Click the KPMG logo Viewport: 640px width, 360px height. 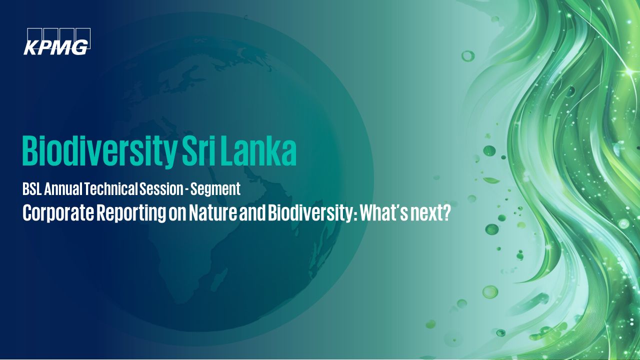[57, 41]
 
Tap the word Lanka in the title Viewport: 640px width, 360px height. [258, 151]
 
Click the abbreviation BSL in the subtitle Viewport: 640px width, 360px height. [32, 189]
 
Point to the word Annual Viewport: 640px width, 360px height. [63, 189]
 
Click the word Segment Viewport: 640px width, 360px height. [215, 189]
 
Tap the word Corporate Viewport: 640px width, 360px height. [58, 213]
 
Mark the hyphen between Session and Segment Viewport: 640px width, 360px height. [186, 190]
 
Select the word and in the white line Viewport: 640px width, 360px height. [252, 213]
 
